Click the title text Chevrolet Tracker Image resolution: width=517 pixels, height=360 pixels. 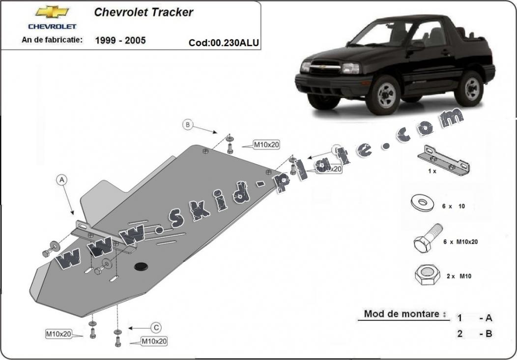pyautogui.click(x=144, y=12)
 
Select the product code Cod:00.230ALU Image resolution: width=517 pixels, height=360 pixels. pyautogui.click(x=224, y=43)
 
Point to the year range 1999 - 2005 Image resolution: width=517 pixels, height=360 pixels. pyautogui.click(x=120, y=40)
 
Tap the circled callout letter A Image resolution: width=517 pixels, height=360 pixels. pyautogui.click(x=62, y=180)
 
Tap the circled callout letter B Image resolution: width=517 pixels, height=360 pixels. pyautogui.click(x=187, y=124)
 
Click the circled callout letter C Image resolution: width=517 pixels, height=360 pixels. pyautogui.click(x=156, y=327)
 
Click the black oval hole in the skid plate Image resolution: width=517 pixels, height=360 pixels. pyautogui.click(x=141, y=266)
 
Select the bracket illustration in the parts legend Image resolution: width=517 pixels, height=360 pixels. pyautogui.click(x=443, y=161)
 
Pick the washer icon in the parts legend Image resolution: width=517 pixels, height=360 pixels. pyautogui.click(x=421, y=203)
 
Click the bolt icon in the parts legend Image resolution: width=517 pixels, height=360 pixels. pyautogui.click(x=428, y=239)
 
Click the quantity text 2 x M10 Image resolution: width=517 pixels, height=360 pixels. pyautogui.click(x=459, y=276)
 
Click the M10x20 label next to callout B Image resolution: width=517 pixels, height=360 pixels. pyautogui.click(x=266, y=145)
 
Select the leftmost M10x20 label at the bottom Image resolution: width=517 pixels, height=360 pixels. pyautogui.click(x=58, y=334)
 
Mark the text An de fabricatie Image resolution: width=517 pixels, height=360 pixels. pyautogui.click(x=52, y=39)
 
